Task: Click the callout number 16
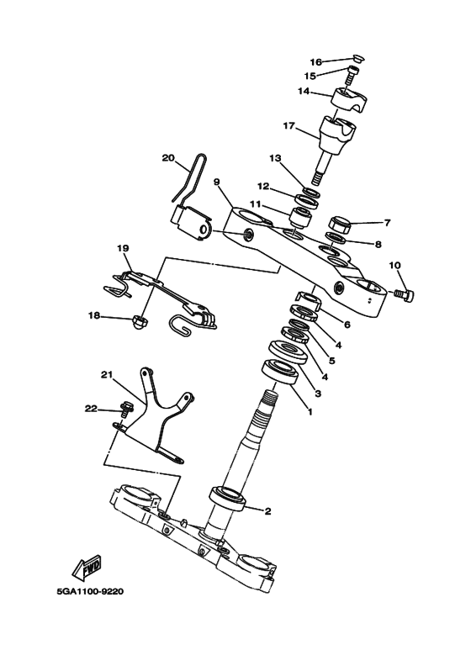coord(316,62)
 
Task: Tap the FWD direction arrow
coord(87,567)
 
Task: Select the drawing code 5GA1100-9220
coord(90,591)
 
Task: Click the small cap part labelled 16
coord(357,58)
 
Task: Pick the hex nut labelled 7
coord(340,224)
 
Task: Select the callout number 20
coord(168,158)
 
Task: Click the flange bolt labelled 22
coord(124,409)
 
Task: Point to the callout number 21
coord(107,375)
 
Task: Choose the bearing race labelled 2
coord(228,499)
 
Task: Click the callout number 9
coord(217,182)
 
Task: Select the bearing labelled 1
coord(279,372)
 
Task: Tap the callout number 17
coord(289,125)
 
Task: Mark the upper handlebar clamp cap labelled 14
coord(349,100)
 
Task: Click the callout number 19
coord(123,248)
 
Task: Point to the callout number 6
coord(347,325)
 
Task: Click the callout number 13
coord(275,158)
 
